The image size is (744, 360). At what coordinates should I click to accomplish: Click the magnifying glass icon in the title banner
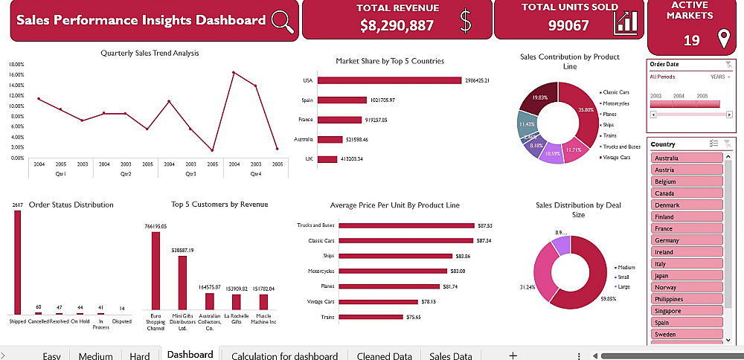coord(283,20)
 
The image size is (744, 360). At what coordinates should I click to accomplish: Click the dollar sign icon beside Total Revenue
coord(466,21)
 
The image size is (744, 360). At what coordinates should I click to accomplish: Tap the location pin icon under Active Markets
coord(721,39)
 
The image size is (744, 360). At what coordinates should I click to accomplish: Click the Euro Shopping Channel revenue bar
coord(155,271)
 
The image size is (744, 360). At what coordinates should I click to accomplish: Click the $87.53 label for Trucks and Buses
coord(485,225)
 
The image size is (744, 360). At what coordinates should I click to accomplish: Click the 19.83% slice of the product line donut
coord(540,99)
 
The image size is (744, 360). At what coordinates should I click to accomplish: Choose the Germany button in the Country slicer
coord(686,240)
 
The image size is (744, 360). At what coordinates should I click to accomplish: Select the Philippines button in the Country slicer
coord(686,299)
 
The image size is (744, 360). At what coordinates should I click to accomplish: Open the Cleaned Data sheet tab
coord(384,356)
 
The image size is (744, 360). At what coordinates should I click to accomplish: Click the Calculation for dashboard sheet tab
coord(284,356)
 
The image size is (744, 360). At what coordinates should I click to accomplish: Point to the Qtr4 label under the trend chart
coord(255,173)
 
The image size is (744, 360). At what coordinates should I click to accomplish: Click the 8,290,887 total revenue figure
coord(397,25)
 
